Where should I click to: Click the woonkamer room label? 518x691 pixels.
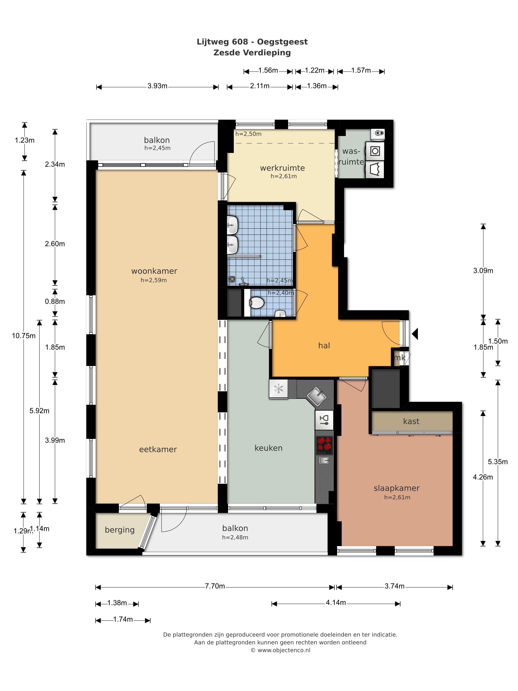154,271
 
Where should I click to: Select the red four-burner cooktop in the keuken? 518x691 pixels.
324,445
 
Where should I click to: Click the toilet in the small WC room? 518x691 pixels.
257,303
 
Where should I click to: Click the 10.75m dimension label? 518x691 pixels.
24,336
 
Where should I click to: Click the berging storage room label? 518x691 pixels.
120,530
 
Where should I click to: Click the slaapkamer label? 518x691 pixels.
397,488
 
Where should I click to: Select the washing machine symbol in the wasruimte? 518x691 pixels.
375,151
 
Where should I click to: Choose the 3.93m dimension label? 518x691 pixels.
157,86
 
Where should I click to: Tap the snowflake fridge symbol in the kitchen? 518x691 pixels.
278,389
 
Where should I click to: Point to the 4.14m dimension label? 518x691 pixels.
336,603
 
